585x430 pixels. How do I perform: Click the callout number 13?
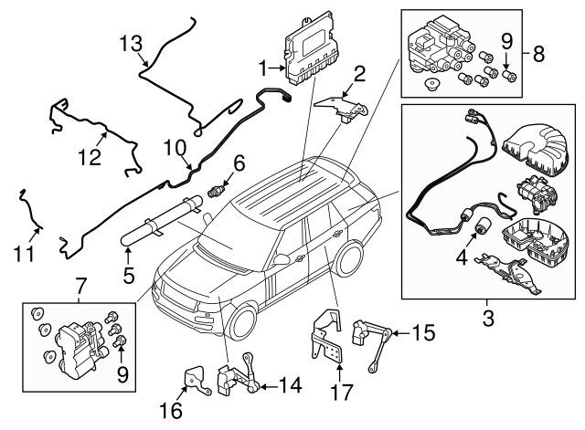pyautogui.click(x=132, y=42)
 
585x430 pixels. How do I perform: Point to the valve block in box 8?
pyautogui.click(x=443, y=51)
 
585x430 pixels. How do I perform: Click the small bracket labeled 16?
pyautogui.click(x=194, y=382)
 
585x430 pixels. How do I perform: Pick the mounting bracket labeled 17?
pyautogui.click(x=326, y=338)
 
